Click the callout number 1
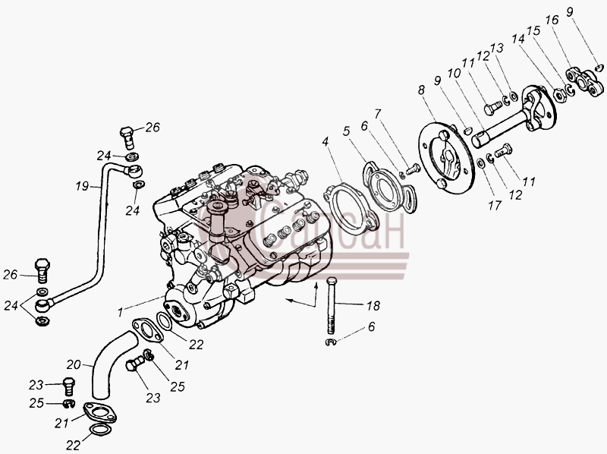(121, 311)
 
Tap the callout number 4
(326, 142)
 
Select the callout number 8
(421, 90)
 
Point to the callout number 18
(373, 306)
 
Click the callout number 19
(82, 186)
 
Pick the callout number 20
(74, 364)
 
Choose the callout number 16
(552, 20)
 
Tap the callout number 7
(377, 114)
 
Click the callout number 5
(347, 131)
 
